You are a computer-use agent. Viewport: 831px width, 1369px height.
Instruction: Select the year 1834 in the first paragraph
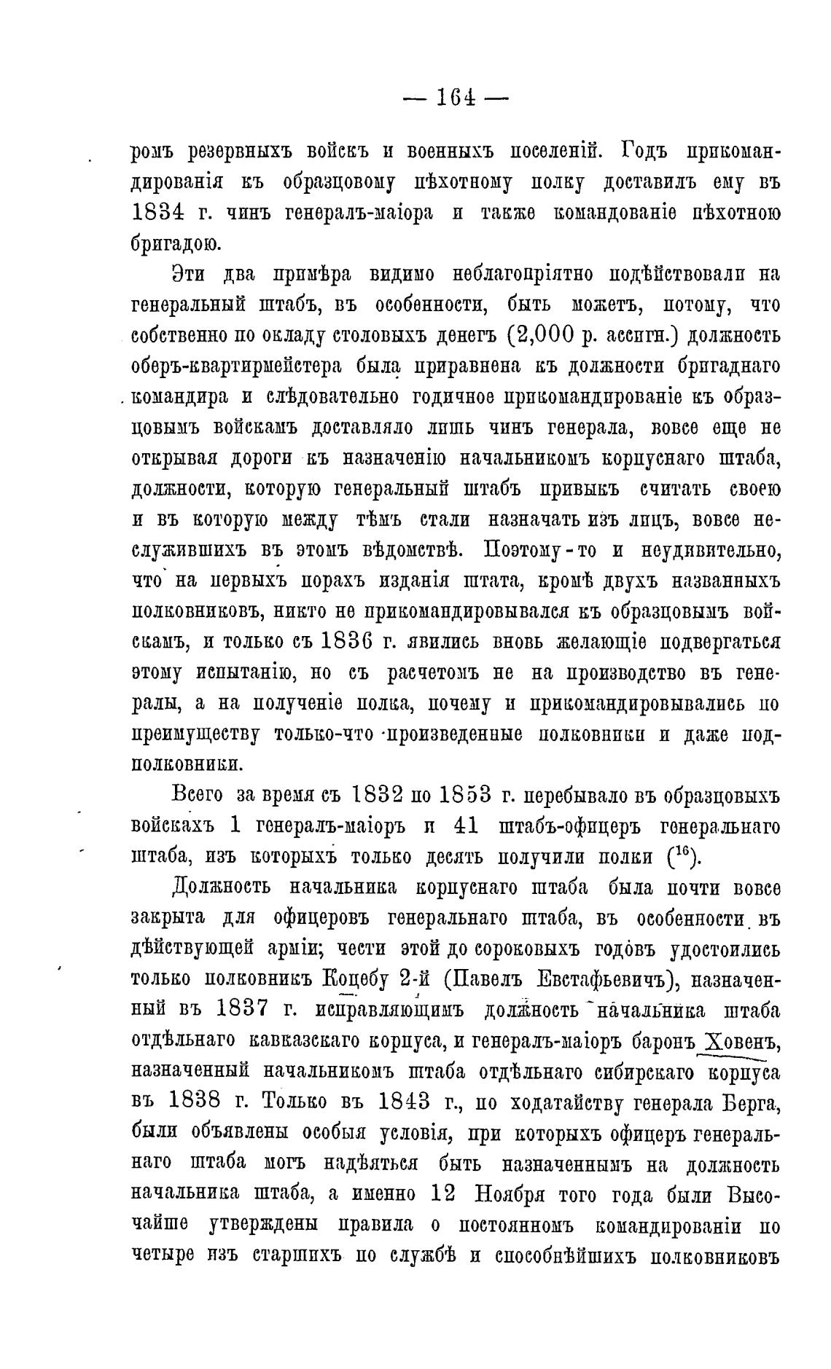(x=160, y=213)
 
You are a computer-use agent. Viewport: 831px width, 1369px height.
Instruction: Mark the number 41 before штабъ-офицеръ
(x=470, y=825)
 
